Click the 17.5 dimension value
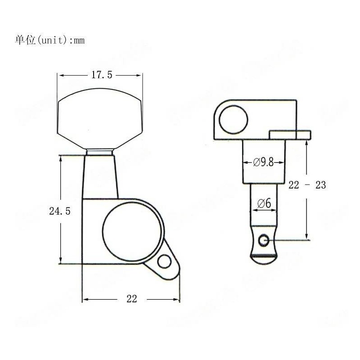pyautogui.click(x=102, y=75)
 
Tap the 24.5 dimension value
pyautogui.click(x=59, y=211)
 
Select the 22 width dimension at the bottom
pyautogui.click(x=131, y=299)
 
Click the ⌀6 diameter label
pyautogui.click(x=264, y=204)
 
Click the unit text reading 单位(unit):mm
pyautogui.click(x=49, y=40)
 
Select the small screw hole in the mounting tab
pyautogui.click(x=164, y=261)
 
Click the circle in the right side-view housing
pyautogui.click(x=234, y=118)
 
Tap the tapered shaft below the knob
pyautogui.click(x=100, y=175)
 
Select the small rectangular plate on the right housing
pyautogui.click(x=290, y=135)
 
